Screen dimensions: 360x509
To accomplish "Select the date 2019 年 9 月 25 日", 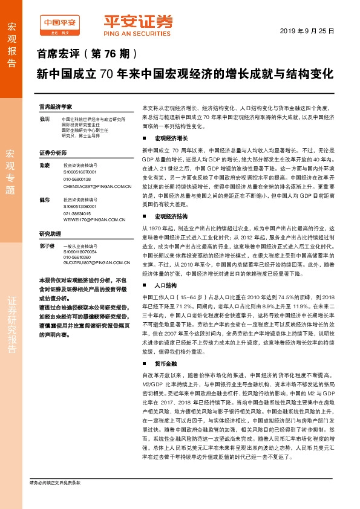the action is (307, 31).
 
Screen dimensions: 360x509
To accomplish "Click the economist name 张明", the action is (44, 119).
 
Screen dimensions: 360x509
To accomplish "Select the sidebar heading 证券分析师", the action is (53, 152).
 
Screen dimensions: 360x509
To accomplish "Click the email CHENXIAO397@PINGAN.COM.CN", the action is (97, 187).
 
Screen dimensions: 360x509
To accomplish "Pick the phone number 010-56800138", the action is (77, 179).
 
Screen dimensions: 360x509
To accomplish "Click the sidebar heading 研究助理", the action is (50, 233).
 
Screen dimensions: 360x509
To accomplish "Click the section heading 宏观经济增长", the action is (169, 138).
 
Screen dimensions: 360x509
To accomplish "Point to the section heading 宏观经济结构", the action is (169, 216).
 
